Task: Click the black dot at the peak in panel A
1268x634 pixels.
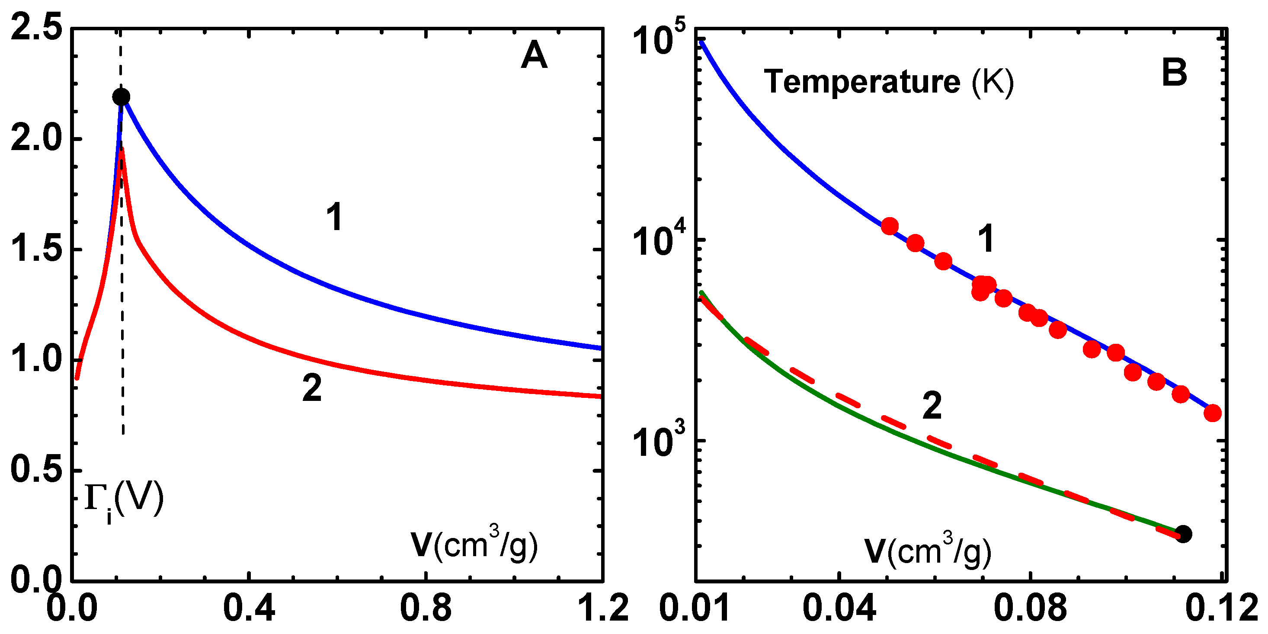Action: [x=121, y=96]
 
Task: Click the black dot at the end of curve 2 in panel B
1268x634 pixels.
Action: [x=1183, y=534]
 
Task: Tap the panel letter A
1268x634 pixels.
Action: [x=534, y=56]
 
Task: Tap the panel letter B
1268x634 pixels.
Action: [x=1174, y=72]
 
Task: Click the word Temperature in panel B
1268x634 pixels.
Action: [x=862, y=81]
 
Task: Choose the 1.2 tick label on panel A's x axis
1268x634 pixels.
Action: [x=603, y=608]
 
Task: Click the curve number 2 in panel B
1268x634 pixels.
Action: [x=932, y=406]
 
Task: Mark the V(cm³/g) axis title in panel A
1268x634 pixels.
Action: [x=474, y=545]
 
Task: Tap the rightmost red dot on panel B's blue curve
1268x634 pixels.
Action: [x=1213, y=413]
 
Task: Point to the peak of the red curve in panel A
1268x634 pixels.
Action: [x=122, y=149]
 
